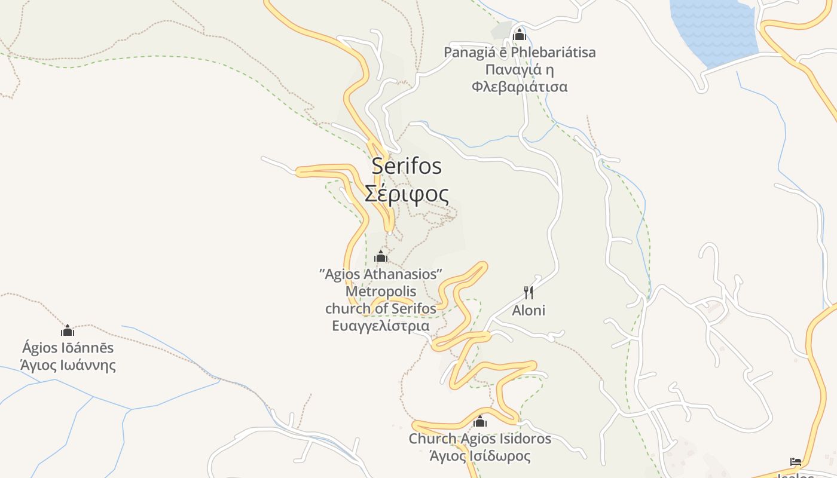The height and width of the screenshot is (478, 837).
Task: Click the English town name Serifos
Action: pos(407,166)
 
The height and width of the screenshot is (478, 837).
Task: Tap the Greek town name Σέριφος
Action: pos(407,194)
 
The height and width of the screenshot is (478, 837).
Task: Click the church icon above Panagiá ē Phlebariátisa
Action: pos(520,35)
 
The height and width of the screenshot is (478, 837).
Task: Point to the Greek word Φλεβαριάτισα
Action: pos(520,87)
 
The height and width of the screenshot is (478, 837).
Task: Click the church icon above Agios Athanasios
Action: pos(381,258)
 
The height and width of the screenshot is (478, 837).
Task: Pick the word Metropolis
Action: pos(381,292)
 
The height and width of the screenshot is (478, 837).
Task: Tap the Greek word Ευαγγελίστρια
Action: pos(381,326)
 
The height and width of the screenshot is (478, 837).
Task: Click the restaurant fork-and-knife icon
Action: pos(529,293)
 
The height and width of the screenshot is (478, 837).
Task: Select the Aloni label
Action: pos(529,311)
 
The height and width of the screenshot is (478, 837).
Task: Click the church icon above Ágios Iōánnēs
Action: pos(68,330)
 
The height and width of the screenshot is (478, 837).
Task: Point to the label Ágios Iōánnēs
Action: pos(68,348)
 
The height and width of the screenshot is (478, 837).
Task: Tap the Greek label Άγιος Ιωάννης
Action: pos(68,365)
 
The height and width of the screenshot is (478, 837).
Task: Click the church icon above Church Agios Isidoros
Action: pos(479,422)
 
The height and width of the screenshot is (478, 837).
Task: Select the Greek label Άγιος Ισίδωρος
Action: pos(479,456)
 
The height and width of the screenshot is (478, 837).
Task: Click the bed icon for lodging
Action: pos(796,461)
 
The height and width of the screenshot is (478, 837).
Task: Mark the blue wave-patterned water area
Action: pos(714,30)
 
